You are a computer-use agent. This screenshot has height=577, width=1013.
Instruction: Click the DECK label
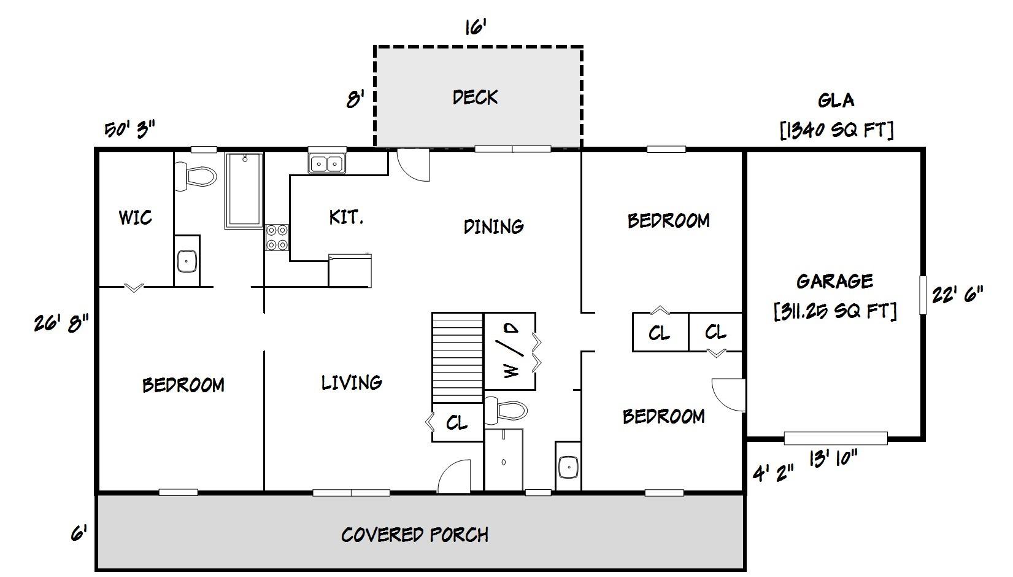tap(475, 97)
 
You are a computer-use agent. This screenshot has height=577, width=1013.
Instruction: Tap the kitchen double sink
tap(326, 164)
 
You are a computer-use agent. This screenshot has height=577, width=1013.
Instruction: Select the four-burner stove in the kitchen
tap(277, 237)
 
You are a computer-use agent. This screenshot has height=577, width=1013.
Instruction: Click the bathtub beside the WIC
tap(244, 190)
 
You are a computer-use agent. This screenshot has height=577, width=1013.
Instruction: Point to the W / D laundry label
tap(511, 351)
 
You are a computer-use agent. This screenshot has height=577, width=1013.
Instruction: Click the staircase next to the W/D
tap(458, 358)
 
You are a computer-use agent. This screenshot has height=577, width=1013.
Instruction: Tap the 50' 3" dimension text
tap(129, 130)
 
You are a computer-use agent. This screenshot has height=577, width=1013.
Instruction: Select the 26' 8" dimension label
tap(61, 322)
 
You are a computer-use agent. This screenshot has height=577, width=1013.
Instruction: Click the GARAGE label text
tap(834, 281)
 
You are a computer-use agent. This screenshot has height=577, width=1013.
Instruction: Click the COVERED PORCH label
tap(415, 535)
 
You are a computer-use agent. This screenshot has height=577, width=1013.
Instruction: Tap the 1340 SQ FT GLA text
tap(836, 130)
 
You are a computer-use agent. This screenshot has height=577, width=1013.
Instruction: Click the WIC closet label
tap(135, 217)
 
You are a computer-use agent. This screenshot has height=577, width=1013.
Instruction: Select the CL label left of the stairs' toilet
tap(456, 422)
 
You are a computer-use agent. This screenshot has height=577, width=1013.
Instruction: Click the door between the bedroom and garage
tap(729, 395)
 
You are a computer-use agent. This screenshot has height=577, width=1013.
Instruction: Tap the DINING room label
tap(493, 227)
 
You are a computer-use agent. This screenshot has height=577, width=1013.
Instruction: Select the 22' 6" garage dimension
tap(957, 295)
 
